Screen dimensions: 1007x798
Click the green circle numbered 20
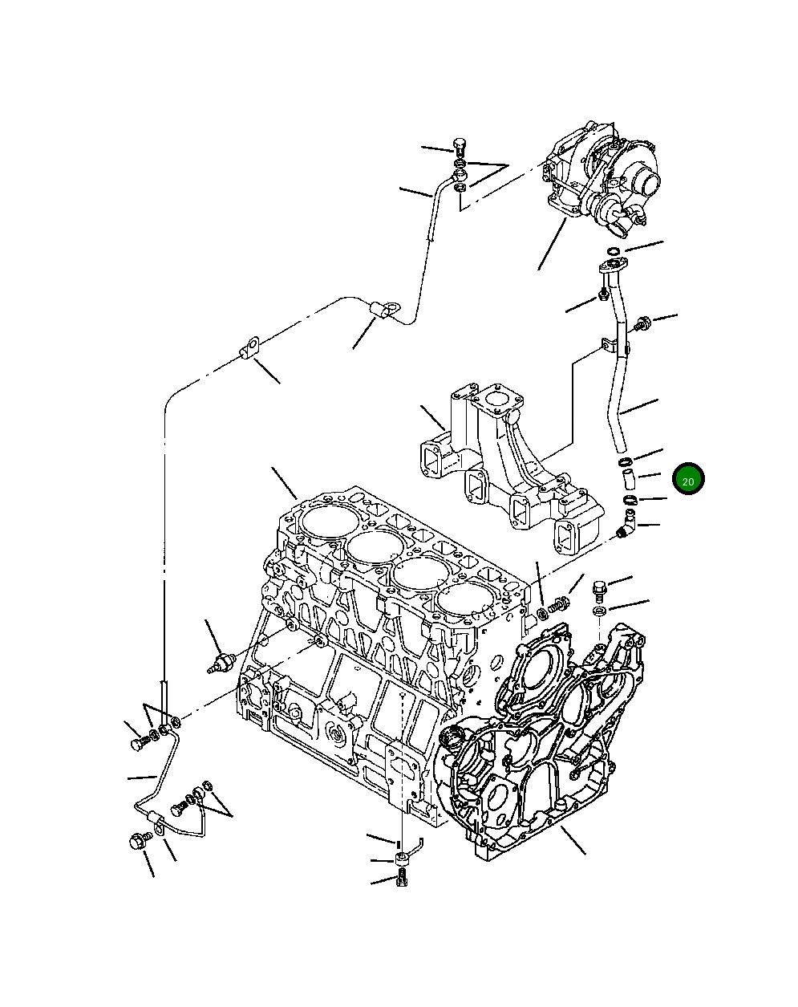[x=687, y=479]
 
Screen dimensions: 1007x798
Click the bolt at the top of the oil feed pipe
[x=460, y=148]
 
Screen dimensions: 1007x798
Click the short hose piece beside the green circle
[x=627, y=481]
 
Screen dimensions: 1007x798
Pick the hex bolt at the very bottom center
[x=402, y=879]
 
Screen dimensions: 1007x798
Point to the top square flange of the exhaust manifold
[x=500, y=399]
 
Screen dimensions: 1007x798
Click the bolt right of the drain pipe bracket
[x=642, y=324]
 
